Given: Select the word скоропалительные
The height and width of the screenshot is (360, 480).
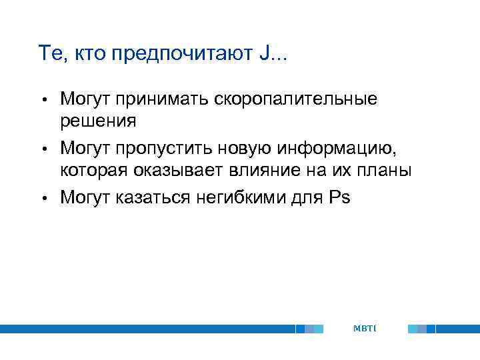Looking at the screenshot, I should tap(295, 100).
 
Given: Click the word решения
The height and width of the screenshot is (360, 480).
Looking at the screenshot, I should tap(98, 121).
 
